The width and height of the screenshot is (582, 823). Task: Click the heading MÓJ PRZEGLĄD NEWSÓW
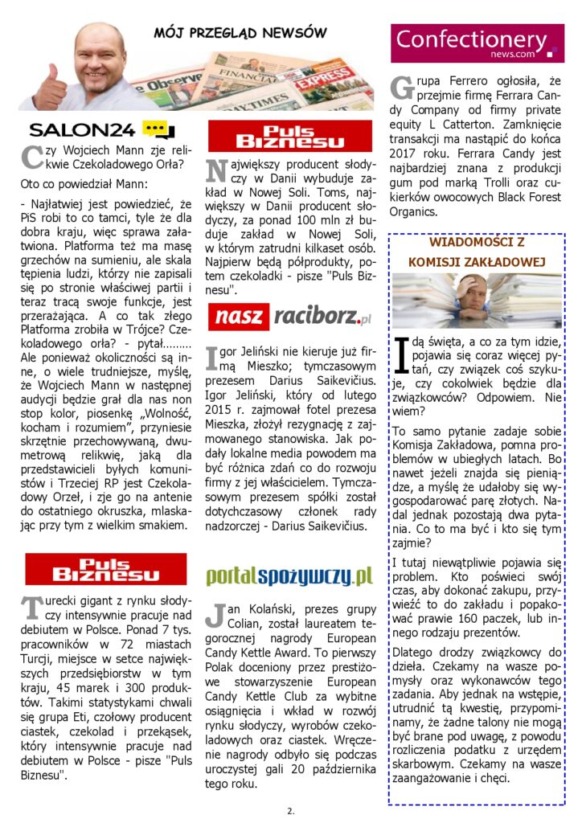click(x=240, y=33)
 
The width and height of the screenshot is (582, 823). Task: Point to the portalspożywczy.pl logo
click(x=289, y=575)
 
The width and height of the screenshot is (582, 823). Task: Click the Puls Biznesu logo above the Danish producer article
click(x=290, y=136)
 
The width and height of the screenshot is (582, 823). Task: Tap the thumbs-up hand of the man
click(x=49, y=89)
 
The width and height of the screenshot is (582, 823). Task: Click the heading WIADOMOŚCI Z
click(x=477, y=241)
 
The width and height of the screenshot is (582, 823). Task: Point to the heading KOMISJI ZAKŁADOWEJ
click(x=477, y=262)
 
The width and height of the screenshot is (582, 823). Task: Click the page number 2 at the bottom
click(x=290, y=810)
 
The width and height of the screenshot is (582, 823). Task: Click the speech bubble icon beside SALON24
click(x=158, y=129)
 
